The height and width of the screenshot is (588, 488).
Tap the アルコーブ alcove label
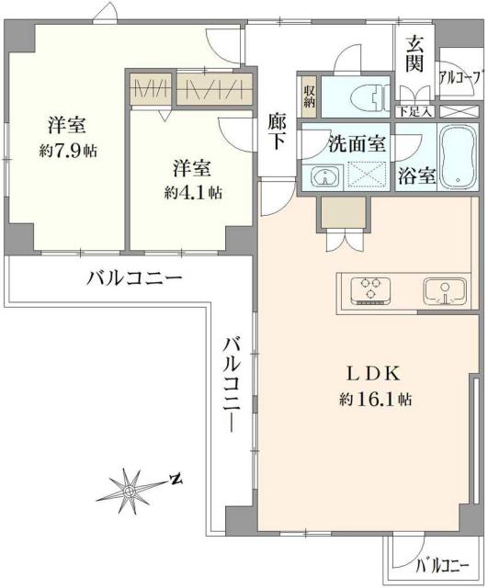(x=459, y=78)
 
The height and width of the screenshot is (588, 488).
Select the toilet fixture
(x=368, y=94)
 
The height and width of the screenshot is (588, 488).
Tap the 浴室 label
(x=416, y=176)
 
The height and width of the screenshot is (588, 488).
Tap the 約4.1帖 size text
(x=193, y=193)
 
